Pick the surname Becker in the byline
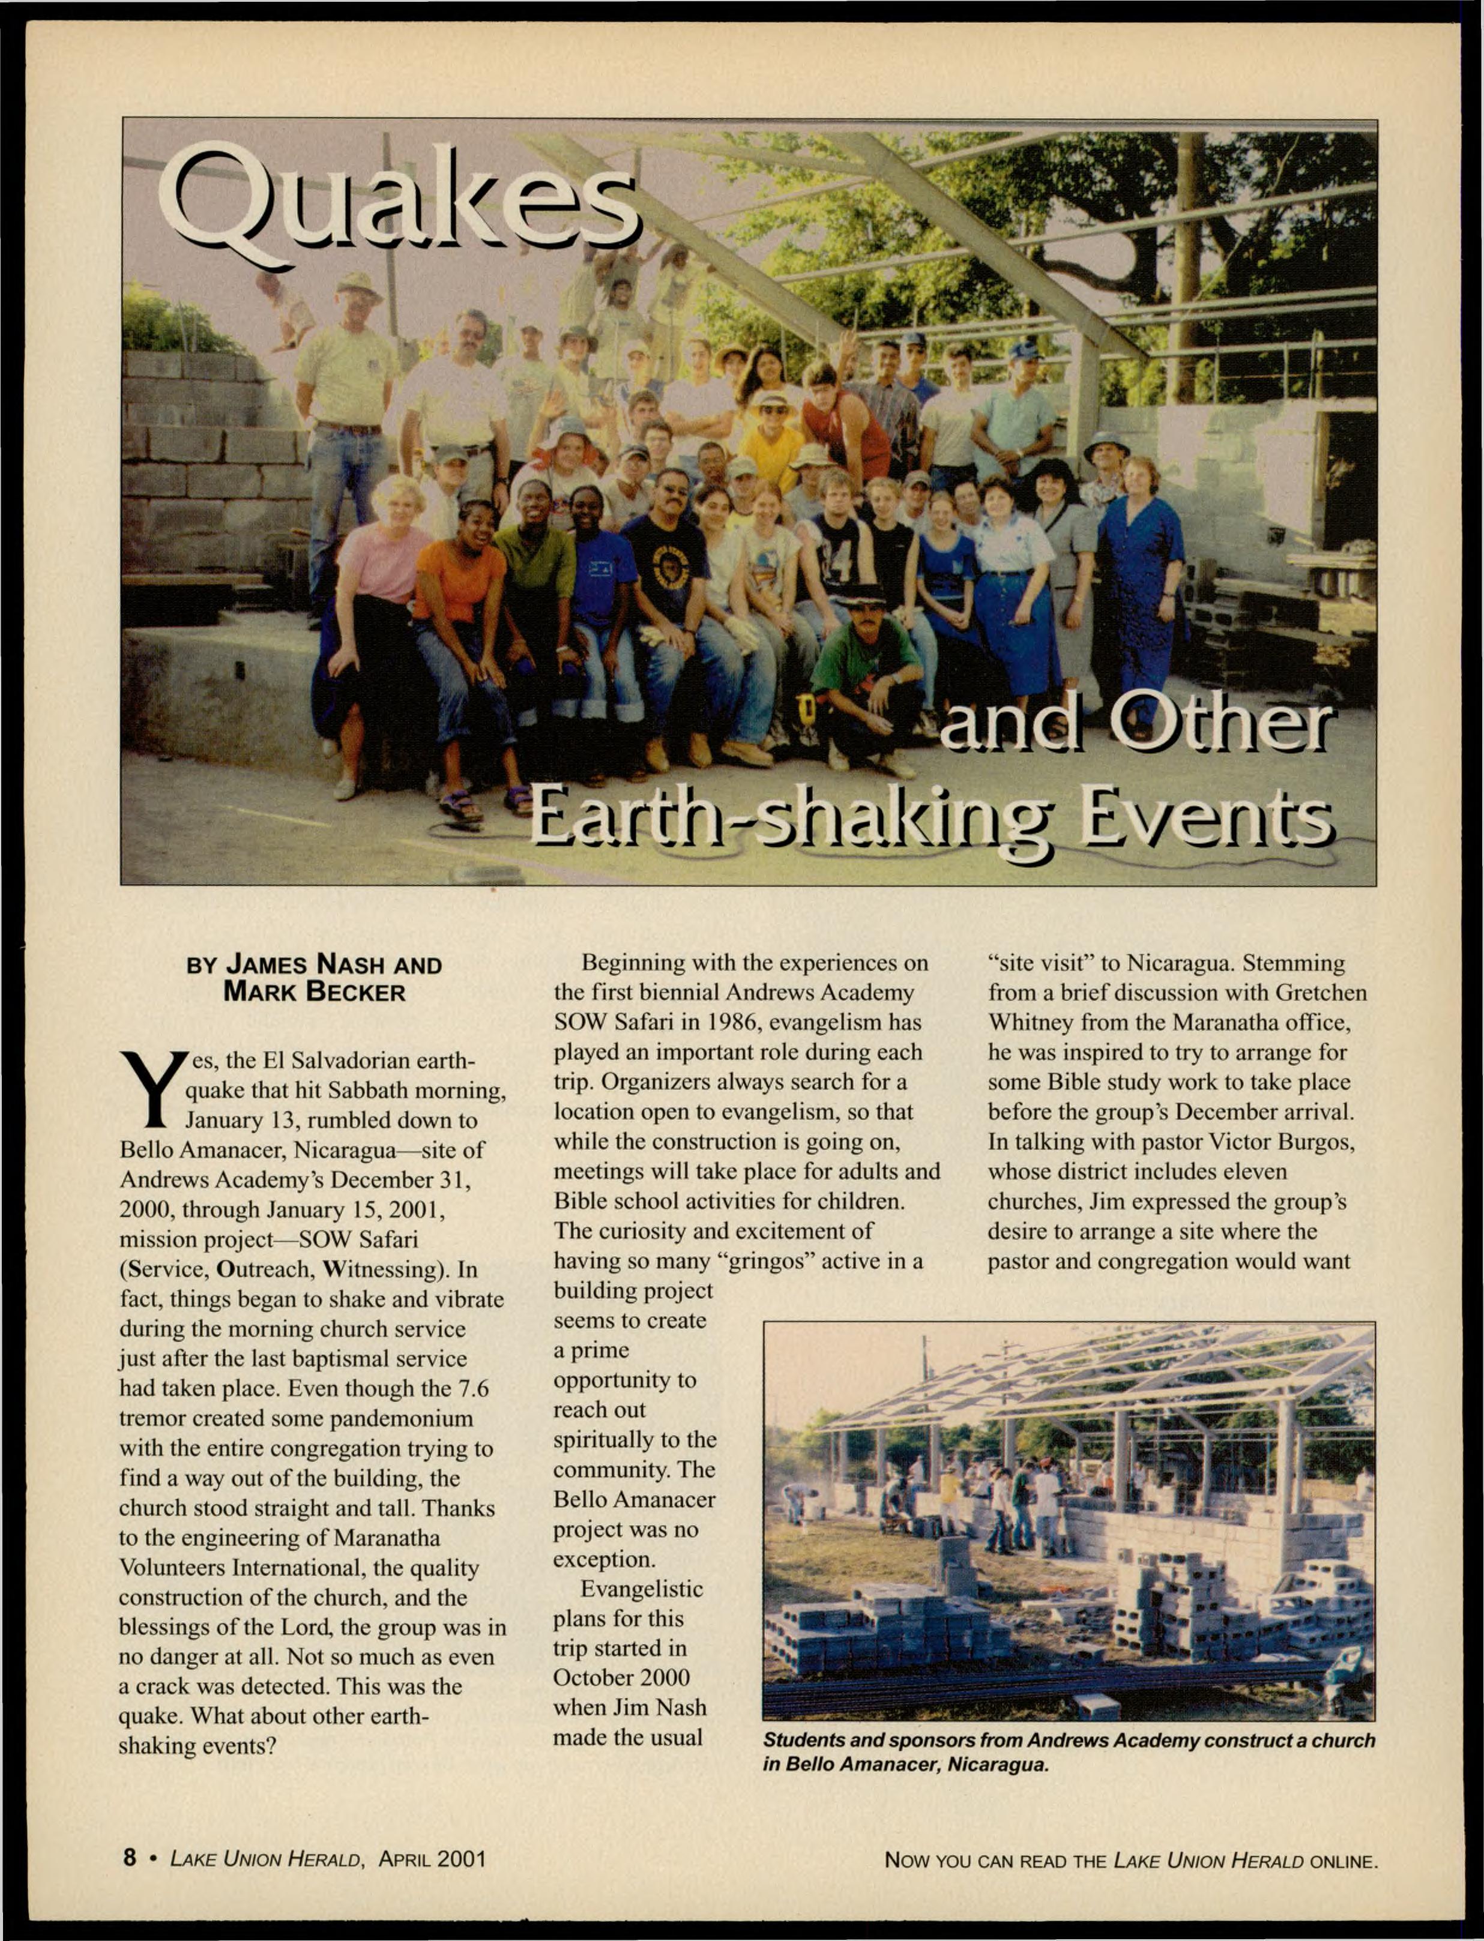[x=355, y=993]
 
